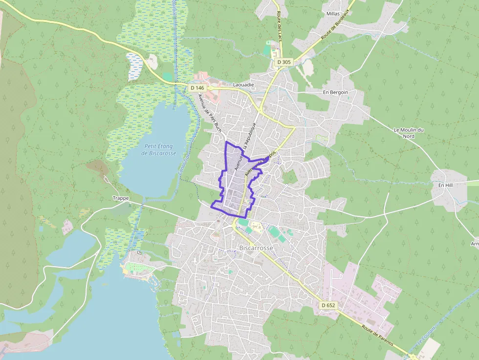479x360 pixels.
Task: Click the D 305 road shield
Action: (x=283, y=62)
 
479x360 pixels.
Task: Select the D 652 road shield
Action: (x=328, y=305)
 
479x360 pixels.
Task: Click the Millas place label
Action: (x=333, y=14)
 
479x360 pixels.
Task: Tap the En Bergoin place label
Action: (x=335, y=92)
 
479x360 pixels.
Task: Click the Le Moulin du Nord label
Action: (x=409, y=133)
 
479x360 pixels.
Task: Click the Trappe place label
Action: (x=120, y=198)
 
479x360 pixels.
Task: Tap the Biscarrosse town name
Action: (x=256, y=248)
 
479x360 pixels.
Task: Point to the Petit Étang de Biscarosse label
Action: (x=158, y=149)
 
